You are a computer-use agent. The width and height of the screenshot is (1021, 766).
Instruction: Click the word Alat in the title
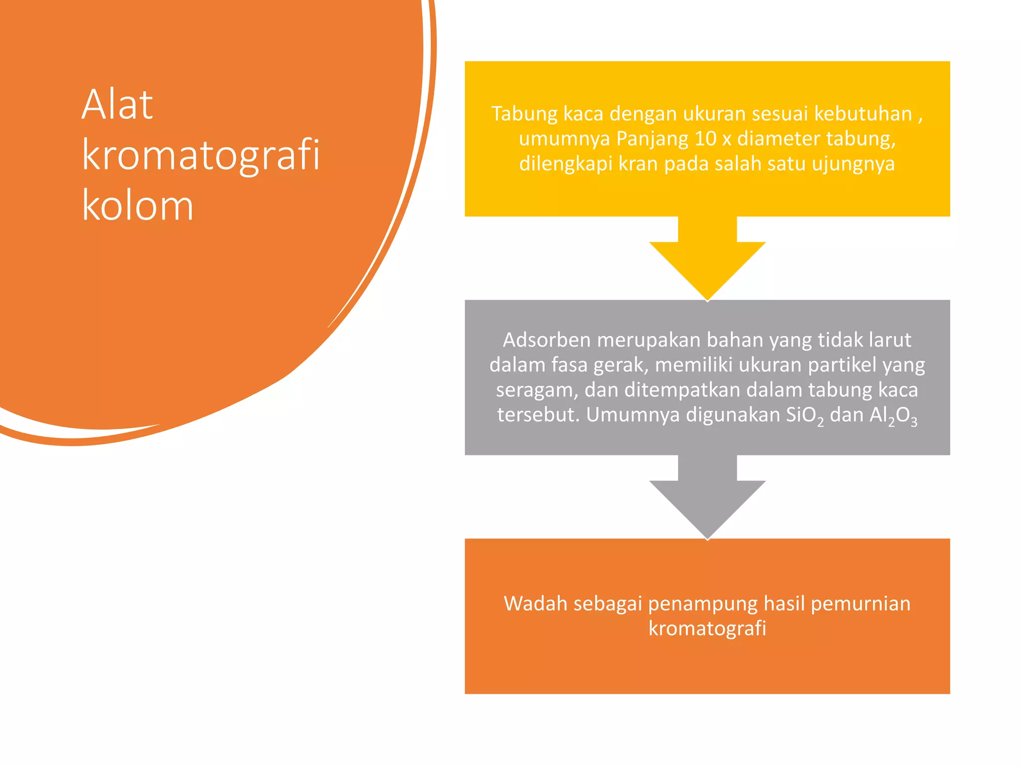[x=117, y=105]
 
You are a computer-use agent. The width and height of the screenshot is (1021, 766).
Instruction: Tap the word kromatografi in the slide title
[x=200, y=156]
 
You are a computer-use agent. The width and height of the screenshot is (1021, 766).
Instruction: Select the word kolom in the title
[x=138, y=206]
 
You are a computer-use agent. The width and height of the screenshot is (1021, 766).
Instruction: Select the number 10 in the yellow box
[x=705, y=139]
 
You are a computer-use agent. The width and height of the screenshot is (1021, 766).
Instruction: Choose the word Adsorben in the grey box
[x=546, y=340]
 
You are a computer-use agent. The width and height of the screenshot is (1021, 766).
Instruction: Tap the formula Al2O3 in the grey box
[x=893, y=415]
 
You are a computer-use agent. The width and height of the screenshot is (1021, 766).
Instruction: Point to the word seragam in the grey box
[x=537, y=390]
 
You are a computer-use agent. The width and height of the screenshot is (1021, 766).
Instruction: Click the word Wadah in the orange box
[x=535, y=604]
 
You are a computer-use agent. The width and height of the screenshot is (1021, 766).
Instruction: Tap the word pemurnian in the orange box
[x=860, y=604]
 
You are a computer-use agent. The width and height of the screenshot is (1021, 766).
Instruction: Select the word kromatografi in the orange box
[x=707, y=629]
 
